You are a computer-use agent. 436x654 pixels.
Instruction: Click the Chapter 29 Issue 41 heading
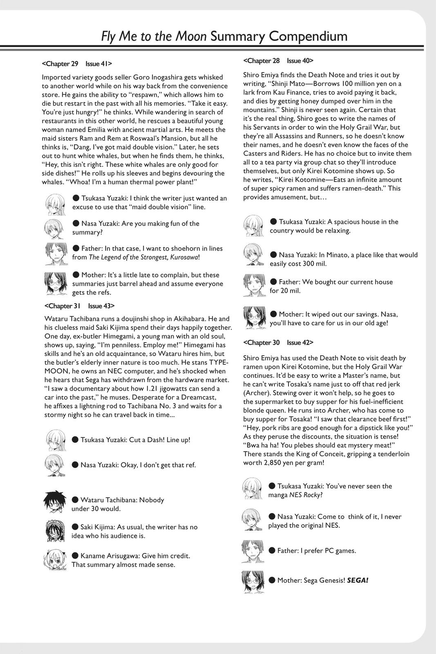(x=77, y=64)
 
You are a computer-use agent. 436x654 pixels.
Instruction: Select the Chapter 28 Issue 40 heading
(x=278, y=60)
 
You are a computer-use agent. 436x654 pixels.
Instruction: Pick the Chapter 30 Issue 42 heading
(x=278, y=343)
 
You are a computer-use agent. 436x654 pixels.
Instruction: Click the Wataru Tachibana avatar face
(x=55, y=504)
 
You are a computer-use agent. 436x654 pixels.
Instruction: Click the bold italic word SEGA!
(x=358, y=580)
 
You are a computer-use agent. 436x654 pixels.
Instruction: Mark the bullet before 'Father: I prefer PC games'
(x=272, y=550)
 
